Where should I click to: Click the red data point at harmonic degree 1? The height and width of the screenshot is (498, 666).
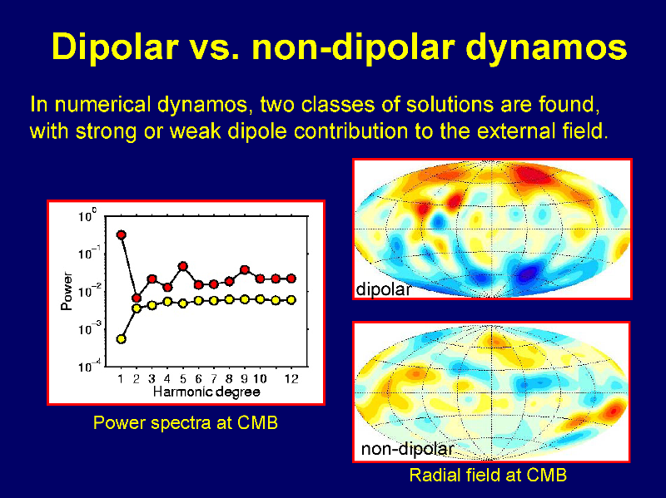[122, 234]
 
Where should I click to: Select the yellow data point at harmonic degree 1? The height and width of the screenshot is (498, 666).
[122, 339]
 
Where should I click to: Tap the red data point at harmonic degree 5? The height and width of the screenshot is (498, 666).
[183, 266]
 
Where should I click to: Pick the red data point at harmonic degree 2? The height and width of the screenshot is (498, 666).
[137, 298]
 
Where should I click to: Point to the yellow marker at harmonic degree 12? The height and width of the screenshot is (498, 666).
[291, 300]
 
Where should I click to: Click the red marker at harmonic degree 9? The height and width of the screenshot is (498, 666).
[245, 270]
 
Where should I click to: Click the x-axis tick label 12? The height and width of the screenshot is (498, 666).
[291, 378]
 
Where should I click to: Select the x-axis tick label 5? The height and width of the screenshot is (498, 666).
[183, 378]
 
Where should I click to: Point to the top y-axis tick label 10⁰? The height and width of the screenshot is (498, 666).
[87, 215]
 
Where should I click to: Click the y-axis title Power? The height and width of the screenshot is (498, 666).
[67, 291]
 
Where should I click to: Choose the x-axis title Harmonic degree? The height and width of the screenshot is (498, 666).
[206, 392]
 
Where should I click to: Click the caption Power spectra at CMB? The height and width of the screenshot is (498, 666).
[186, 423]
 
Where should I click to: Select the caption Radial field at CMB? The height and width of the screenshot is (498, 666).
[488, 475]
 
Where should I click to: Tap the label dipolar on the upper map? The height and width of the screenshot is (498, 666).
[384, 289]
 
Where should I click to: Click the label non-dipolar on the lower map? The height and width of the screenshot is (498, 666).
[407, 449]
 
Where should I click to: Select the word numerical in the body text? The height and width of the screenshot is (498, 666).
[102, 105]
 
